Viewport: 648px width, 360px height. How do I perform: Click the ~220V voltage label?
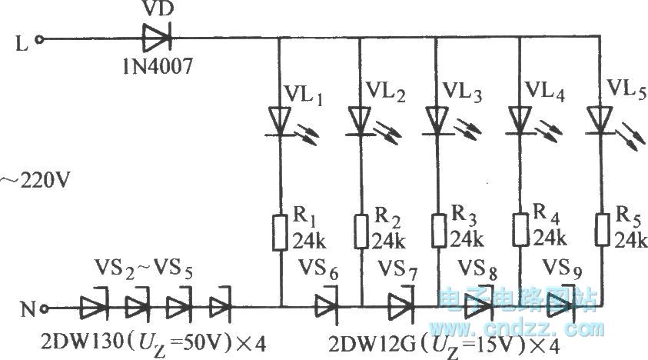(x=35, y=183)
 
